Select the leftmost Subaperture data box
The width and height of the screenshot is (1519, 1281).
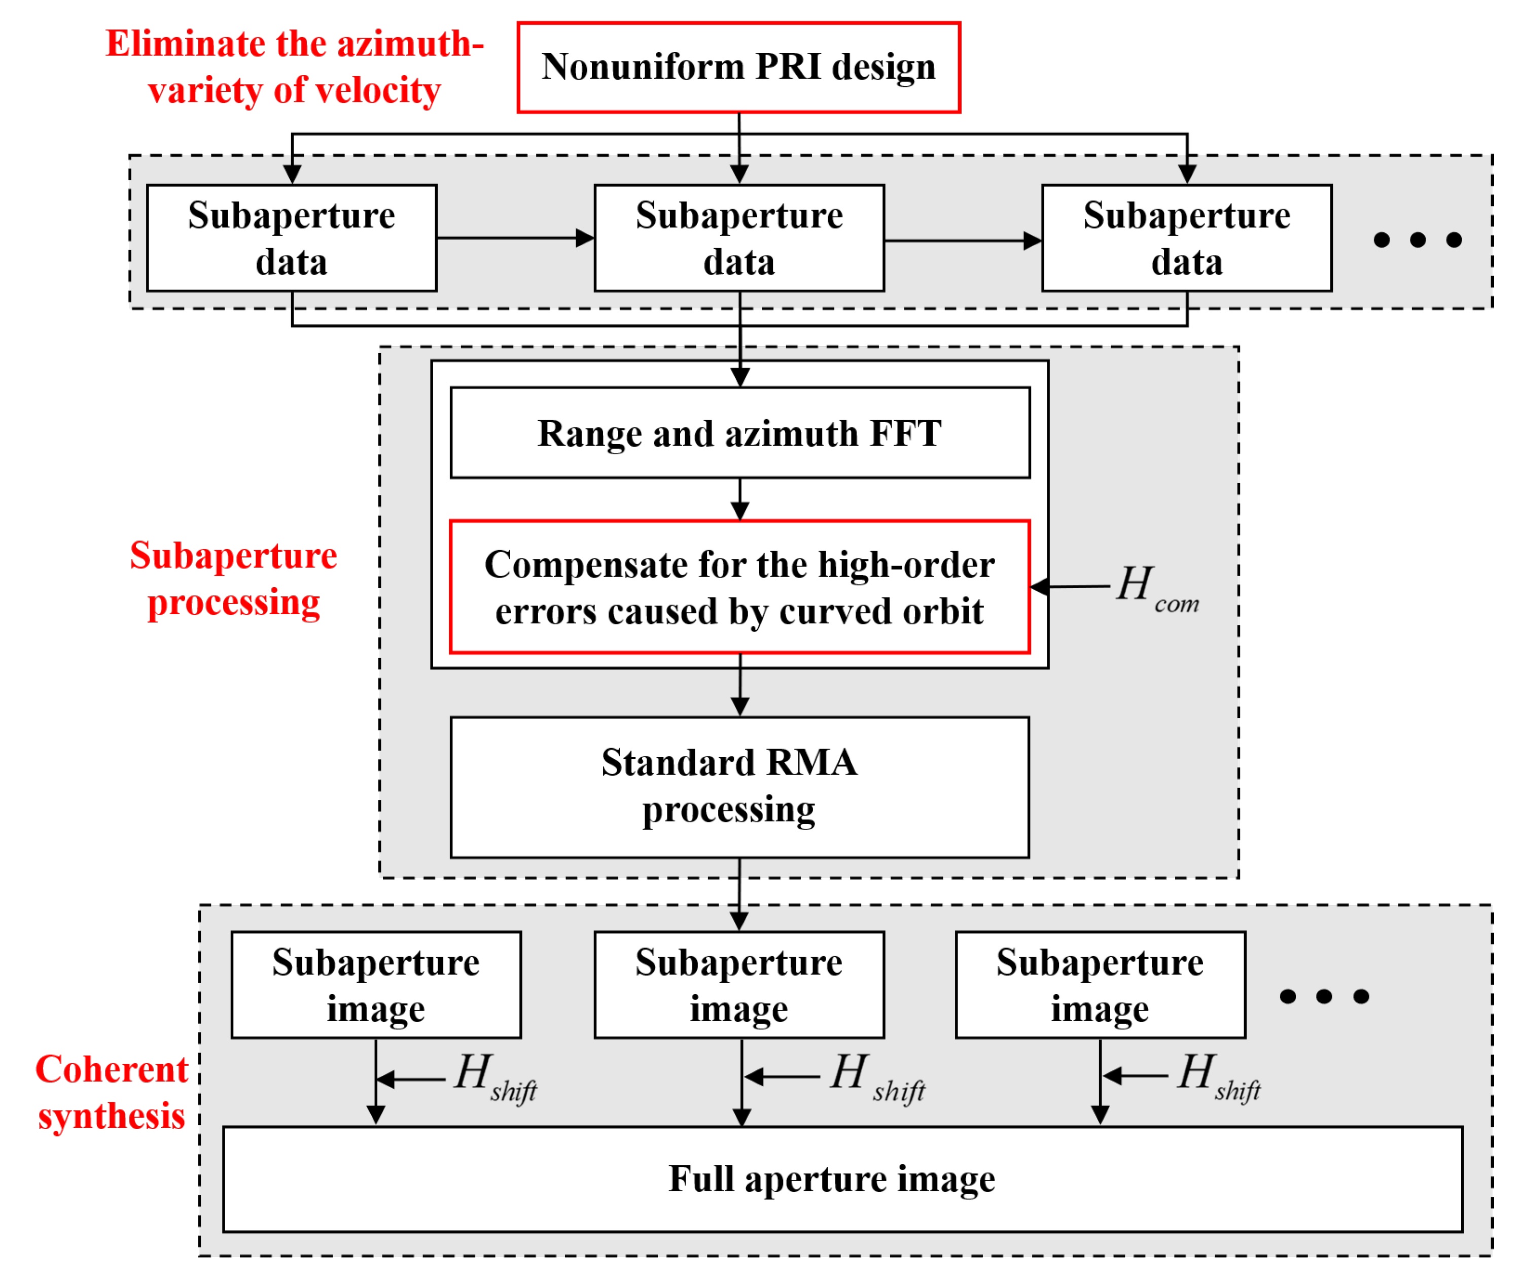click(x=292, y=238)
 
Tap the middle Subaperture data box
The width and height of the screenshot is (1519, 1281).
click(x=739, y=238)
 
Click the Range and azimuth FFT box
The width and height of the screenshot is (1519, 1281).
click(x=739, y=433)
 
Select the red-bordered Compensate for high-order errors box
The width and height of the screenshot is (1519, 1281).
click(x=739, y=587)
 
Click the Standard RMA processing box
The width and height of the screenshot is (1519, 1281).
click(x=739, y=787)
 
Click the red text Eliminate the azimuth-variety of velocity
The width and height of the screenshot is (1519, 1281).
click(x=295, y=67)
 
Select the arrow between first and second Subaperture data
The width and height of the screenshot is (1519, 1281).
click(x=515, y=238)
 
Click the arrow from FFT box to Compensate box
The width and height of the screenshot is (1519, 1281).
click(x=739, y=499)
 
